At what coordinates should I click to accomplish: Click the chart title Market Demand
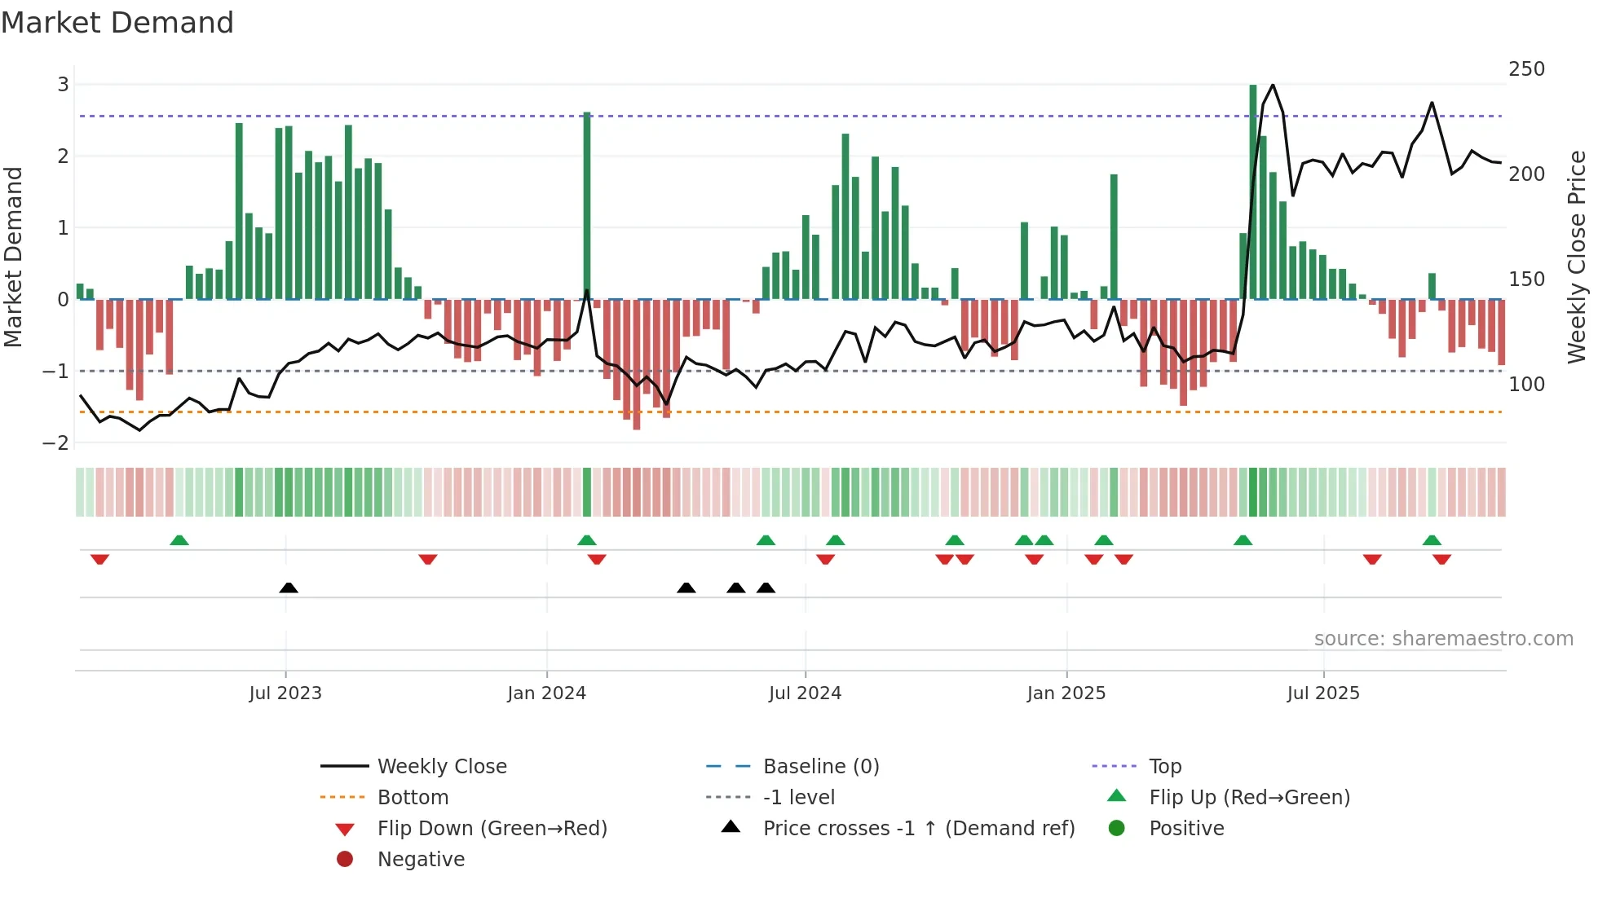point(117,23)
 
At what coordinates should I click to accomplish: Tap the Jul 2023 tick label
point(285,693)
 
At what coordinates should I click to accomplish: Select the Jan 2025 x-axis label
point(1066,693)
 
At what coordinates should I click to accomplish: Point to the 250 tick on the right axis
point(1526,69)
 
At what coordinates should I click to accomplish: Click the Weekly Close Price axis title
point(1577,257)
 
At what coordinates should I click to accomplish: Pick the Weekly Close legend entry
point(441,767)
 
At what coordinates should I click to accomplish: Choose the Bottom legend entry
point(413,798)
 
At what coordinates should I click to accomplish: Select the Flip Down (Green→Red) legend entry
point(492,829)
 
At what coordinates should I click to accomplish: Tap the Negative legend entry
point(421,860)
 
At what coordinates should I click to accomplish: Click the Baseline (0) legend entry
point(820,767)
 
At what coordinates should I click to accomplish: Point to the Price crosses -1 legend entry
point(918,829)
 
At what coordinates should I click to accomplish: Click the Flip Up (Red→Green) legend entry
point(1249,798)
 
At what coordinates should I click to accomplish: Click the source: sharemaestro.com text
point(1443,639)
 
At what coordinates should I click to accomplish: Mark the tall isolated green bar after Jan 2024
point(587,204)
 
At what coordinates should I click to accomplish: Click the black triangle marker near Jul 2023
point(289,588)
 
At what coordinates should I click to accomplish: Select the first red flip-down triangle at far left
point(100,559)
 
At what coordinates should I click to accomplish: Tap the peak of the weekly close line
point(1273,85)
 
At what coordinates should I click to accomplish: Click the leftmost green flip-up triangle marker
point(179,540)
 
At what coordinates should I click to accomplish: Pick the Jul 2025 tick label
point(1322,693)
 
